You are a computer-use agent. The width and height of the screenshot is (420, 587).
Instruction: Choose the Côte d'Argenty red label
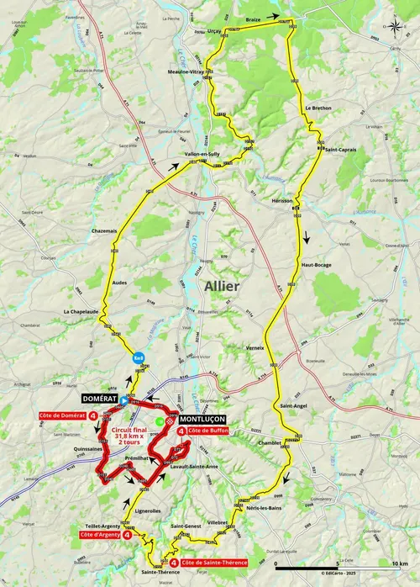[x=99, y=533]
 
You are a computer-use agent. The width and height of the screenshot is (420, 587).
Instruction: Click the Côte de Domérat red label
[x=59, y=415]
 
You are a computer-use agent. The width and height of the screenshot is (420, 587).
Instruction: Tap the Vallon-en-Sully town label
[x=204, y=154]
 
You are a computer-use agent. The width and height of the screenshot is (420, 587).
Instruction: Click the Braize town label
[x=255, y=14]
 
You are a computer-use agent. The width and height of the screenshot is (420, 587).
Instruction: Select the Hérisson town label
[x=283, y=201]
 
